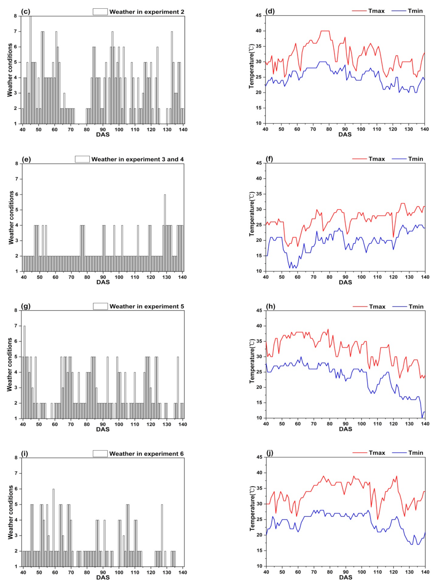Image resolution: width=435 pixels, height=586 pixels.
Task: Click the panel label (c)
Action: pyautogui.click(x=25, y=11)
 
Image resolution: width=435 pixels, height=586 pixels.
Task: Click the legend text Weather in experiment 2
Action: pyautogui.click(x=147, y=12)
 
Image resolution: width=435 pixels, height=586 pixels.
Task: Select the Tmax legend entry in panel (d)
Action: pyautogui.click(x=376, y=11)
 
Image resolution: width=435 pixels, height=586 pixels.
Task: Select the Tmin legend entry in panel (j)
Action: pyautogui.click(x=416, y=453)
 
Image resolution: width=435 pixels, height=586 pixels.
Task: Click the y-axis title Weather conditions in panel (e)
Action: pyautogui.click(x=11, y=218)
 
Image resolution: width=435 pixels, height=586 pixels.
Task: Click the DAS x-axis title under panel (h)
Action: pyautogui.click(x=345, y=429)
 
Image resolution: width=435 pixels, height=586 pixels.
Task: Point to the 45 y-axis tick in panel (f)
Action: pyautogui.click(x=259, y=163)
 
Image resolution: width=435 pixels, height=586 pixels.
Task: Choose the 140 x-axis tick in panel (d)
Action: pyautogui.click(x=424, y=129)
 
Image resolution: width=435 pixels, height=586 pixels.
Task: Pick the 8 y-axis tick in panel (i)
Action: pyautogui.click(x=16, y=458)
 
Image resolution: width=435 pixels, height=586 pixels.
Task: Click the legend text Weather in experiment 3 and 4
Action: pyautogui.click(x=138, y=159)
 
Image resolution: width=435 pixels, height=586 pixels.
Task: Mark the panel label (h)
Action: pyautogui.click(x=270, y=306)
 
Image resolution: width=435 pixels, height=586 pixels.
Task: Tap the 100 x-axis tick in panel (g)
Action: pyautogui.click(x=119, y=424)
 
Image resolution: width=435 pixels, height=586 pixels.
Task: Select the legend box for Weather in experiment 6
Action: pyautogui.click(x=100, y=454)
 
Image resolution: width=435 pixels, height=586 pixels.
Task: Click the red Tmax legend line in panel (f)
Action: pyautogui.click(x=359, y=159)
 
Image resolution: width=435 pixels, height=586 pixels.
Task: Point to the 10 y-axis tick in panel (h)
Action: pyautogui.click(x=259, y=418)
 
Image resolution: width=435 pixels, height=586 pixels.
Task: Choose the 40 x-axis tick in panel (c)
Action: pyautogui.click(x=23, y=129)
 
